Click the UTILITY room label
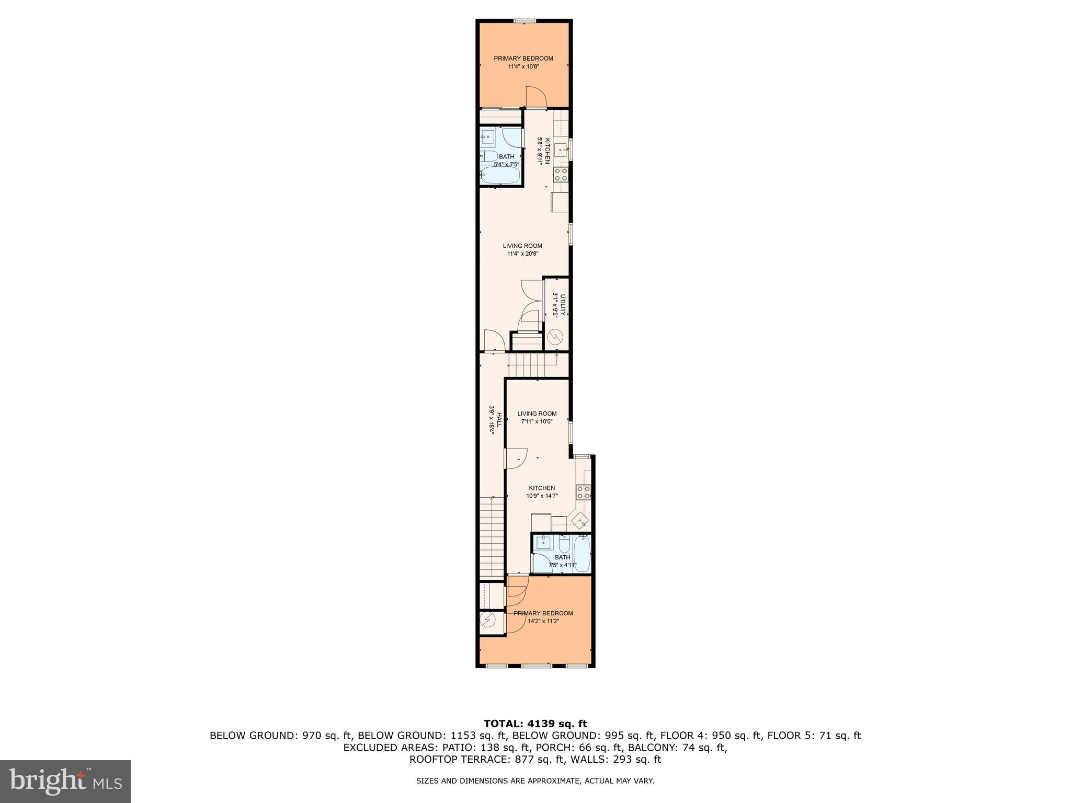point(563,305)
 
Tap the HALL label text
point(499,419)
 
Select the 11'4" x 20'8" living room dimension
point(522,254)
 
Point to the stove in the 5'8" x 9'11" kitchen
point(561,174)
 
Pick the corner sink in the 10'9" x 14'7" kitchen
point(581,521)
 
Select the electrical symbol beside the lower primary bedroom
point(488,620)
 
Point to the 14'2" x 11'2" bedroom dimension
point(543,622)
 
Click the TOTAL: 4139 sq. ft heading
point(535,724)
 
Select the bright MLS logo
point(65,782)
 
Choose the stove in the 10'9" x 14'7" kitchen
point(583,492)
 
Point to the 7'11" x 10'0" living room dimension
point(537,421)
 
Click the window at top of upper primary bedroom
point(524,21)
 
